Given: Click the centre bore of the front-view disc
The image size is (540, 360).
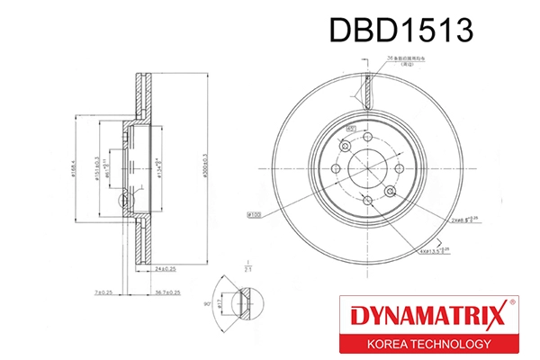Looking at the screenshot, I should (367, 167).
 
